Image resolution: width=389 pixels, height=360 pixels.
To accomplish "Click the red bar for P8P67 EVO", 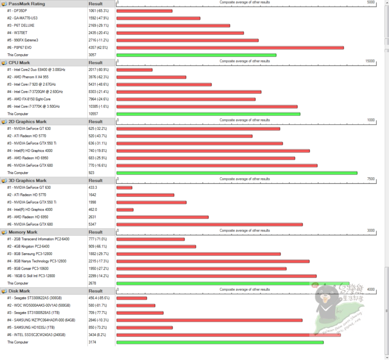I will (x=230, y=47).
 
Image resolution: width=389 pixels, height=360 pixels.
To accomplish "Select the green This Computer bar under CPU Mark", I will (x=208, y=114).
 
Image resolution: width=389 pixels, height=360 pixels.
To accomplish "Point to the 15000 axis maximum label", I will (x=370, y=61).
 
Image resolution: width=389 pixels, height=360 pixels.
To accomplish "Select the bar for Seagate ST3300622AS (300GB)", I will (x=132, y=298).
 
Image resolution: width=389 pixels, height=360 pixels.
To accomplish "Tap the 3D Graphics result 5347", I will (x=93, y=225).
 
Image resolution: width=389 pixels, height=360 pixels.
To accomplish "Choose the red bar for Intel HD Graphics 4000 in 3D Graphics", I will (x=125, y=210).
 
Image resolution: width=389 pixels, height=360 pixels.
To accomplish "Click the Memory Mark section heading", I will (x=23, y=232).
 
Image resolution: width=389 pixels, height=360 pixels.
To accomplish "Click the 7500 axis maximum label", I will (x=371, y=179).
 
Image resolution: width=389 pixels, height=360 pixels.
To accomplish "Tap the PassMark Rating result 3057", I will (x=93, y=55).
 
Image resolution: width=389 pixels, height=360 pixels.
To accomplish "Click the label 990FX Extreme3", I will (x=26, y=40).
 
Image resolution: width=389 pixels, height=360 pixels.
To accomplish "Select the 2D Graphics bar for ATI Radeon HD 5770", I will (x=184, y=136).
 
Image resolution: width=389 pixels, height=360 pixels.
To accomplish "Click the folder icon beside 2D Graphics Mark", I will (x=4, y=122).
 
